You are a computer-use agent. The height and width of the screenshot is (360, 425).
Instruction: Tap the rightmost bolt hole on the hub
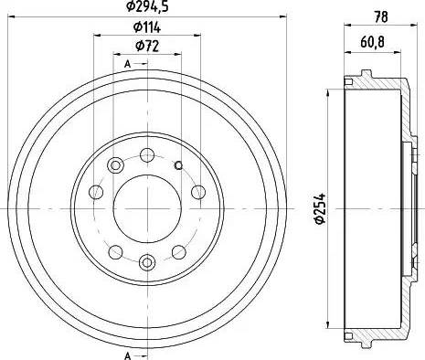197,192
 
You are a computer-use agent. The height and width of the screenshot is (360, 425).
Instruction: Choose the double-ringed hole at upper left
116,164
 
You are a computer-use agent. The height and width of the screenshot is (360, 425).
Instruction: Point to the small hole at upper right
178,164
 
